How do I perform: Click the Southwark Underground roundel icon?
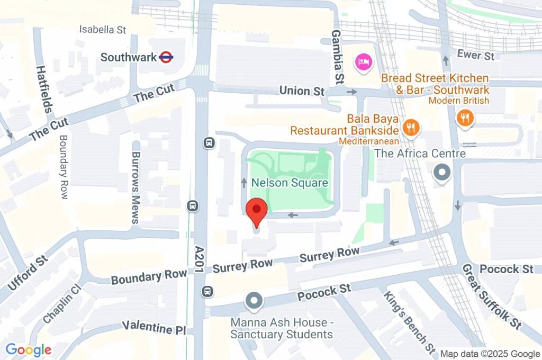(166, 57)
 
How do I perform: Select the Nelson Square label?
(290, 183)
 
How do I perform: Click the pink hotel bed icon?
(364, 62)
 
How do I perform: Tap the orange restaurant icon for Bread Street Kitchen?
(465, 118)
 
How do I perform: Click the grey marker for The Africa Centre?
(441, 172)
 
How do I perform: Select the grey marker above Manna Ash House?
(254, 301)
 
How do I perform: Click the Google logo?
(29, 349)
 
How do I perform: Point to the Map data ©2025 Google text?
(490, 354)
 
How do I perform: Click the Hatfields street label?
(44, 88)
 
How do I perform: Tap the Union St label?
(302, 91)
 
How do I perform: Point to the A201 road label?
(200, 259)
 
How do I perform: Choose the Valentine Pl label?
(153, 328)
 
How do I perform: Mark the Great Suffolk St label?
(492, 296)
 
